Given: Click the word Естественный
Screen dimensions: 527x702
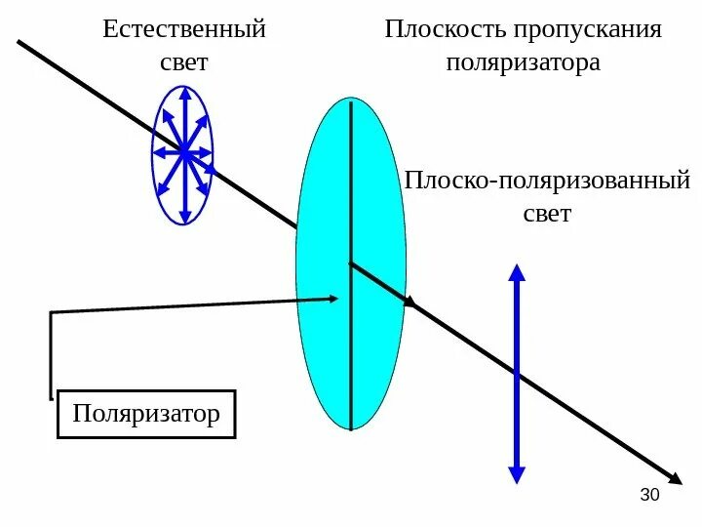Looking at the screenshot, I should tap(184, 29).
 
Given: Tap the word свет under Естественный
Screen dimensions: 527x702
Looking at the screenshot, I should tap(184, 62).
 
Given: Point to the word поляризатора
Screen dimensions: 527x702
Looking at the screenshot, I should tap(523, 63).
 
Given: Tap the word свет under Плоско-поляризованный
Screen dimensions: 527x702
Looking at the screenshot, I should tap(547, 214).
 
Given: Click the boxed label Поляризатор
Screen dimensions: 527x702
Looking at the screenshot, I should tap(146, 414).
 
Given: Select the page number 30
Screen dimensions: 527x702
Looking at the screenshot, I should tap(649, 496).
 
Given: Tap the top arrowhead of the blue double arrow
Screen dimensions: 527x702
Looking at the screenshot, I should tap(517, 270).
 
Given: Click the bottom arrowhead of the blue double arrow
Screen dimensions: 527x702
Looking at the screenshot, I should tap(517, 475).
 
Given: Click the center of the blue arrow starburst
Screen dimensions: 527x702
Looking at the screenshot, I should tap(182, 152).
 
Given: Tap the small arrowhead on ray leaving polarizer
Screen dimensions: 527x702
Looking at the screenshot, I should tap(410, 304).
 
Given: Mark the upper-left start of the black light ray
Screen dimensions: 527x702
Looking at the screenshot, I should tap(19, 42).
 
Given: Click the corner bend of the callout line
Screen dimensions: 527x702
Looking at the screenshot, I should tap(51, 312).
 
